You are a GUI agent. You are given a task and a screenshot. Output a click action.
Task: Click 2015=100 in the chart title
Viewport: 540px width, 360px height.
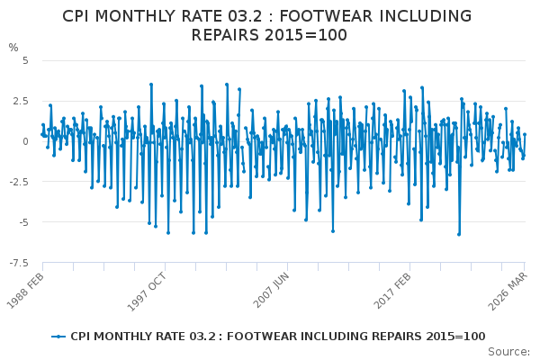coord(306,35)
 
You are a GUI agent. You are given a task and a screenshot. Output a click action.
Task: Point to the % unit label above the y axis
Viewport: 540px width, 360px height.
coord(13,47)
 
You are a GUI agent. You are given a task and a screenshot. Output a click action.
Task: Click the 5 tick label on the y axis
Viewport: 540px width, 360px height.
coord(25,60)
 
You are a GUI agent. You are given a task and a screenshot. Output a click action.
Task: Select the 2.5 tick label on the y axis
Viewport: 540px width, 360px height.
coord(20,101)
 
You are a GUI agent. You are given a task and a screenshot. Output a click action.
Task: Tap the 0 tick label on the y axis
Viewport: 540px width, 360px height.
coord(25,141)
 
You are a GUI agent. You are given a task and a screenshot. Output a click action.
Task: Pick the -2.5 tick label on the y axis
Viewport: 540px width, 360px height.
coord(18,182)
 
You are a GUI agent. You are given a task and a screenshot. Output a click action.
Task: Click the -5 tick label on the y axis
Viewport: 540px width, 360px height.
coord(22,222)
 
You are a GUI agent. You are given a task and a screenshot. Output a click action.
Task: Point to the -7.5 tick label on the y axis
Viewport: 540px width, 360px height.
coord(18,263)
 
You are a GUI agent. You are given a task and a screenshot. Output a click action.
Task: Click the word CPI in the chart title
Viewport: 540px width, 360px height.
coord(81,16)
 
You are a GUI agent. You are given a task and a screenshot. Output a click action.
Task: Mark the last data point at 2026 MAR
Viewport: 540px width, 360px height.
coord(525,134)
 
